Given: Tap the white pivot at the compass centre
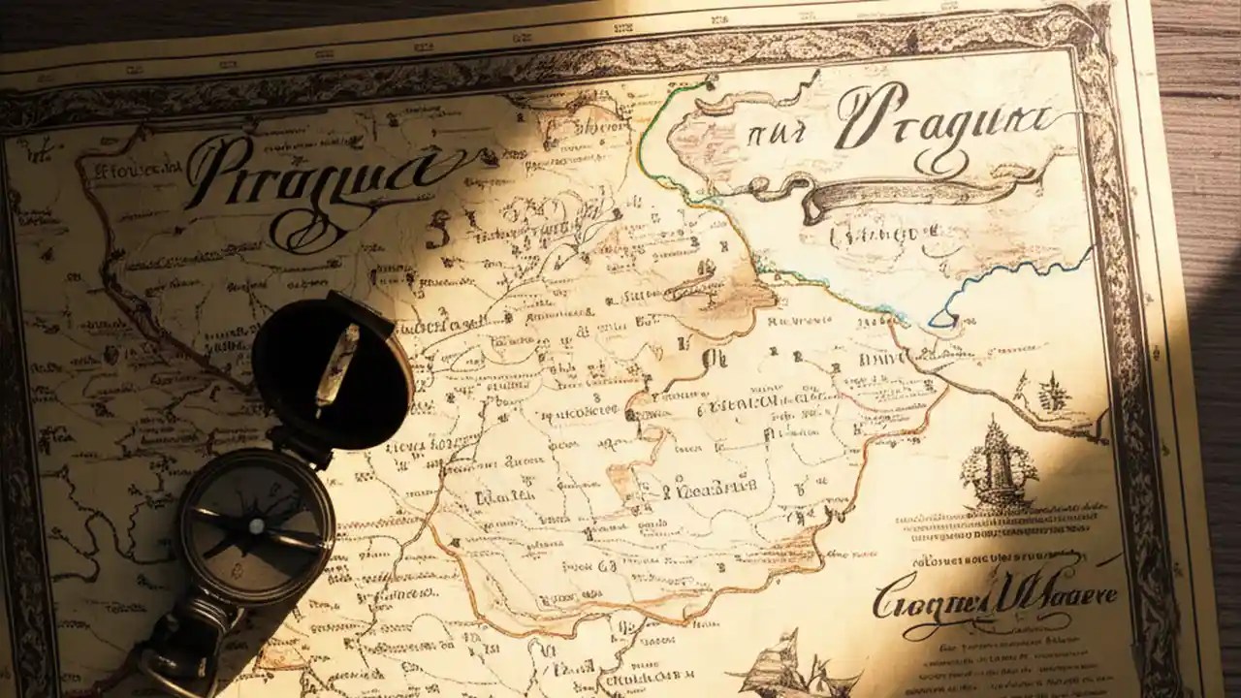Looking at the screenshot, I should click(x=256, y=526).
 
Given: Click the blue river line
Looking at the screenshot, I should click(x=1008, y=281).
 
